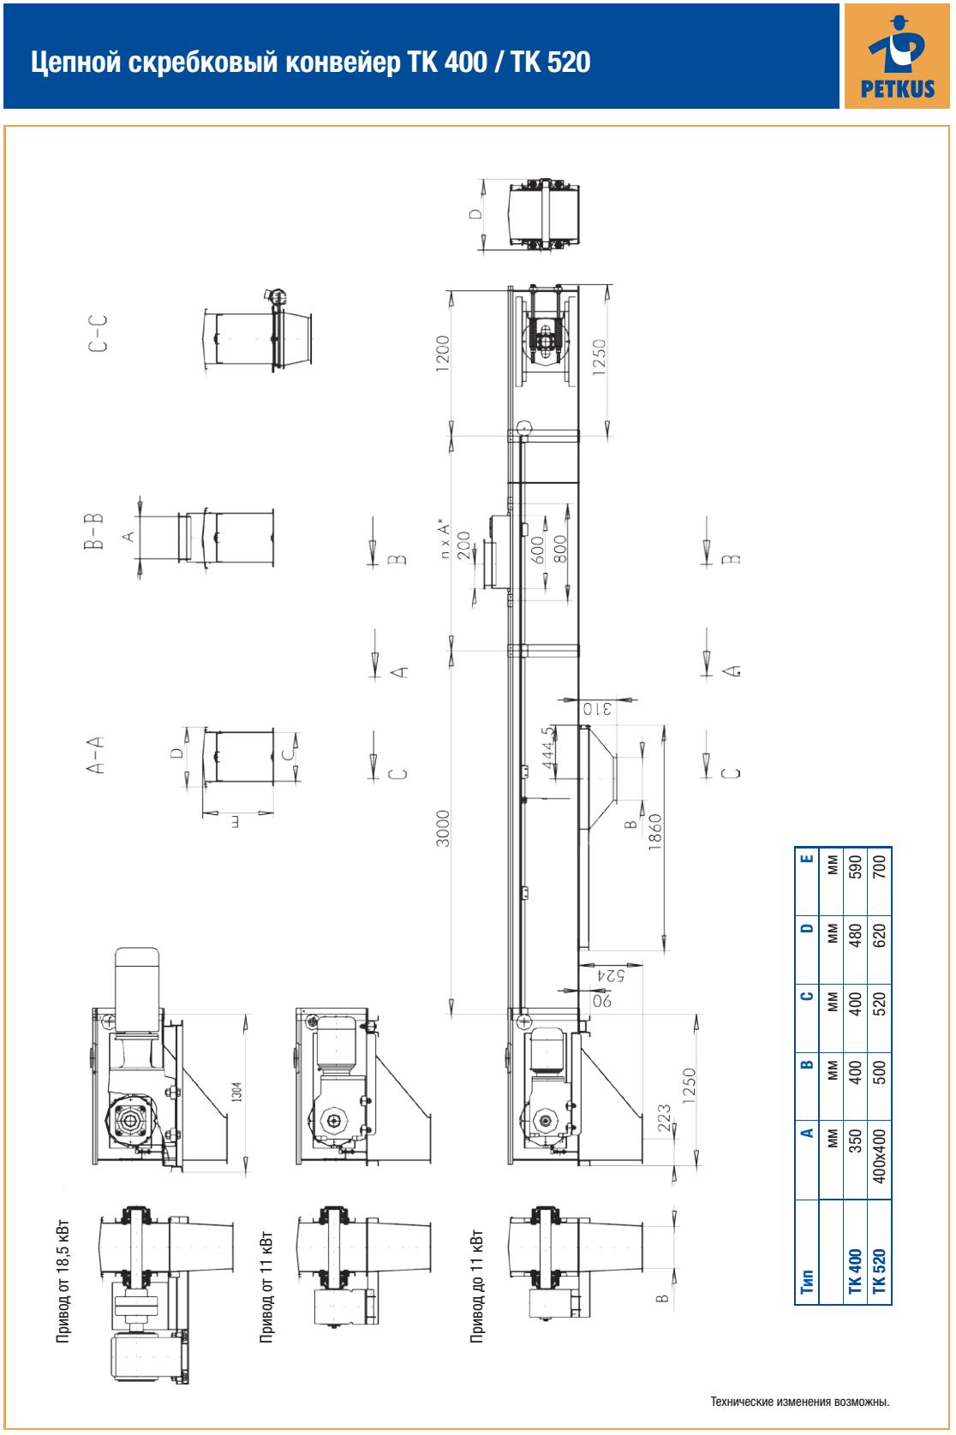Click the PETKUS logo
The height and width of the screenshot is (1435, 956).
pos(897,57)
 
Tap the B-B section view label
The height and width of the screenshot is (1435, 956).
pos(93,531)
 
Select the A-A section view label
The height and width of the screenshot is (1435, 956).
pos(96,754)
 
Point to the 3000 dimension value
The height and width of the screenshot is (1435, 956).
pos(443,828)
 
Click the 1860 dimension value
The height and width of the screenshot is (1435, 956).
pos(654,832)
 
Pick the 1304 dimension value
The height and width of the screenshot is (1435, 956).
pos(236,1091)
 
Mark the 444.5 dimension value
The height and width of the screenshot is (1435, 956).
pos(548,747)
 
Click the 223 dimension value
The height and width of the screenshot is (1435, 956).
pos(665,1117)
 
